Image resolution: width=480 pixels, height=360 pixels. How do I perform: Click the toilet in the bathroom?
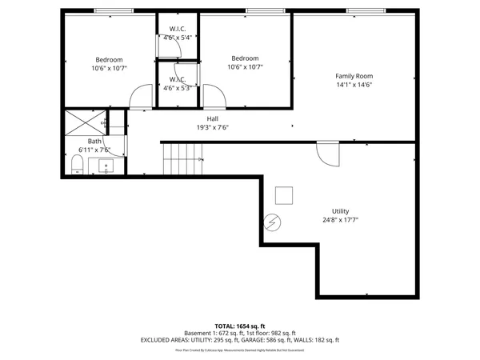(77, 165)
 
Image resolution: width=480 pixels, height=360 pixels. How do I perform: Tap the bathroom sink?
(106, 166)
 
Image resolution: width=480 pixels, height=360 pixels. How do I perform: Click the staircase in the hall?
(183, 159)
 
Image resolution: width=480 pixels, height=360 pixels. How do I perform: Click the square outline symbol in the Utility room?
(283, 195)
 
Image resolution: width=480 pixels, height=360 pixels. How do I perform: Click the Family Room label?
(354, 75)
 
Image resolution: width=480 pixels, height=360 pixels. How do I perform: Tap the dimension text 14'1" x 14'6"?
(354, 84)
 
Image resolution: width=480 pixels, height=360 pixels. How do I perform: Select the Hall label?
(213, 118)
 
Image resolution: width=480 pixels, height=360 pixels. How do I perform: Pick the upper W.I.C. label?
(177, 30)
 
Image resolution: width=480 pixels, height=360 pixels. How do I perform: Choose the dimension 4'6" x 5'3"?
(177, 88)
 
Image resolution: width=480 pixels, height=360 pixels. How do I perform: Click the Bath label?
(94, 142)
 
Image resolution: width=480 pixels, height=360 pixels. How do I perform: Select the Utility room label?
(340, 211)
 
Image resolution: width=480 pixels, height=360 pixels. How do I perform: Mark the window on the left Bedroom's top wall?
(114, 10)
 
